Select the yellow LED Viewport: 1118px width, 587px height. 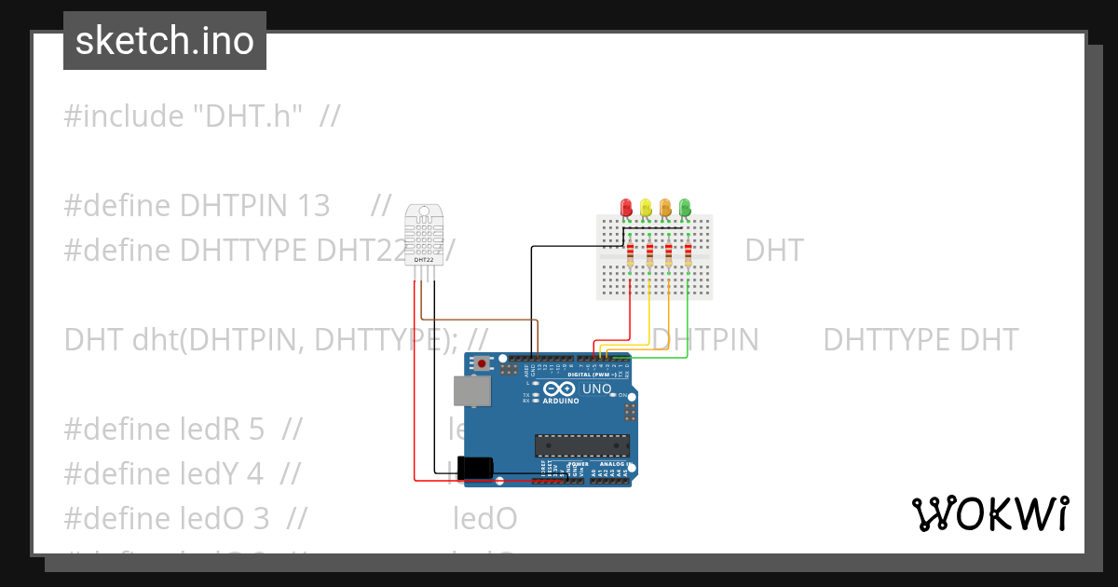click(x=646, y=205)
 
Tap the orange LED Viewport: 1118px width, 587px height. click(x=665, y=205)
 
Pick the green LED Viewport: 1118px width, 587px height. click(x=685, y=205)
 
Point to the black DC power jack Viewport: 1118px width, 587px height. click(x=479, y=467)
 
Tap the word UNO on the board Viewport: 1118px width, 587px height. click(x=597, y=389)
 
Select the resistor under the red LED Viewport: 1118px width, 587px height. click(x=631, y=253)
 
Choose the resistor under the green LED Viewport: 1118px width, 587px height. click(x=689, y=253)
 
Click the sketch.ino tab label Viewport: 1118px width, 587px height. click(x=165, y=41)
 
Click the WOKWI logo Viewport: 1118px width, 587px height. click(x=989, y=513)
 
